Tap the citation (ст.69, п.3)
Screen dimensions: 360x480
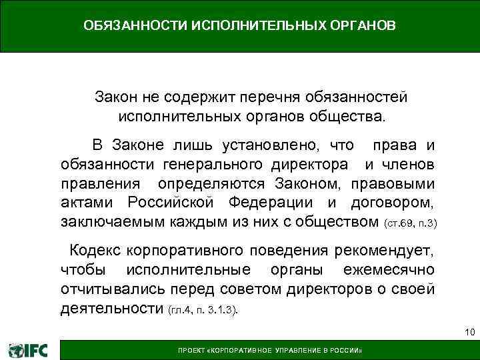(411, 222)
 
